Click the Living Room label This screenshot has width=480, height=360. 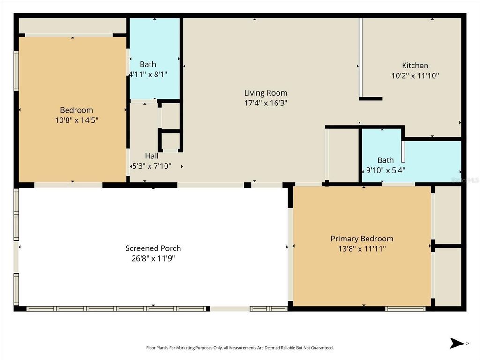pos(265,93)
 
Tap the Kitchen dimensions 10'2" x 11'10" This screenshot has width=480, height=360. pos(415,75)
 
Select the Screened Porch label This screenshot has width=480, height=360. pos(153,248)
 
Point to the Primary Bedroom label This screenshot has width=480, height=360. pos(362,239)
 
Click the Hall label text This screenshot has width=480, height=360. pos(151,156)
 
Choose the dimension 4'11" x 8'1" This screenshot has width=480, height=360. pos(148,74)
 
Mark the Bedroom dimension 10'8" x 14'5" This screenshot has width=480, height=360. pos(76,120)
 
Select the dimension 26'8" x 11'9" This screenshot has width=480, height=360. pos(153,258)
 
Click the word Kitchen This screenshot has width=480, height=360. pos(415,66)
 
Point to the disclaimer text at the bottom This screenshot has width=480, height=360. pos(240,348)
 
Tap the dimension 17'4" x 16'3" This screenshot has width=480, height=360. pos(265,103)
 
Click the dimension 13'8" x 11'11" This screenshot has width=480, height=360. pos(362,249)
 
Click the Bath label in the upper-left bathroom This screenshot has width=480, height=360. pos(148,64)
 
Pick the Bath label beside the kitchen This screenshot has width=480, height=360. pos(386,160)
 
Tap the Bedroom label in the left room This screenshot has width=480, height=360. pos(76,110)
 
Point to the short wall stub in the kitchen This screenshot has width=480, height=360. pos(371,98)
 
